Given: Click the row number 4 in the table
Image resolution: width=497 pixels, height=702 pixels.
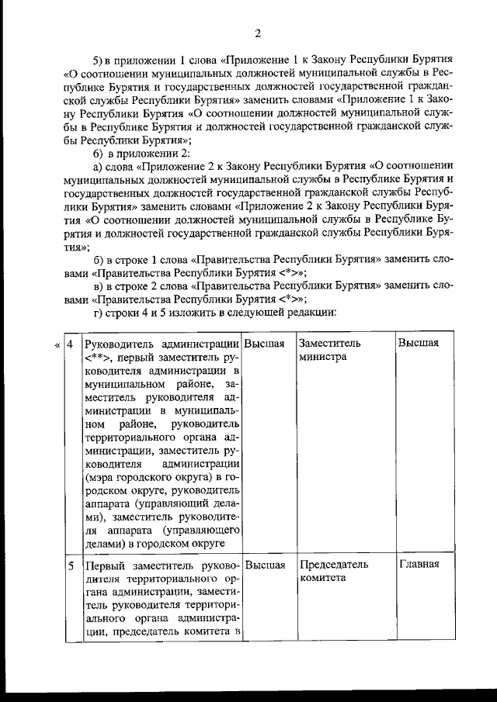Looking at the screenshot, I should coord(69,344).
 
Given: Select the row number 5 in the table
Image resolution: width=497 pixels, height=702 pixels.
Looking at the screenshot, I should coord(69,565).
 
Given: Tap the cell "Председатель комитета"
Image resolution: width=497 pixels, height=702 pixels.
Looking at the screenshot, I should coord(334,572).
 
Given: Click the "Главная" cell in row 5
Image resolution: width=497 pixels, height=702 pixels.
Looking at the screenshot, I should coord(419,565).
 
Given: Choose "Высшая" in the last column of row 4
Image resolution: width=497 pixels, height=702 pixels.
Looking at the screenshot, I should coord(419,344).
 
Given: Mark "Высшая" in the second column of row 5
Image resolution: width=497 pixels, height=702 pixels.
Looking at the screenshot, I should coord(264,565).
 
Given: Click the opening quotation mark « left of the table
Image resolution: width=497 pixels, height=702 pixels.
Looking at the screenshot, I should coord(55,344).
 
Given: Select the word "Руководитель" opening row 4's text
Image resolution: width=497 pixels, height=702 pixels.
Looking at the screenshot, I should coord(119,344).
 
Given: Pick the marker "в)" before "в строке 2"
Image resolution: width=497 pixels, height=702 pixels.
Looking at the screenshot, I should coord(98,285).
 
